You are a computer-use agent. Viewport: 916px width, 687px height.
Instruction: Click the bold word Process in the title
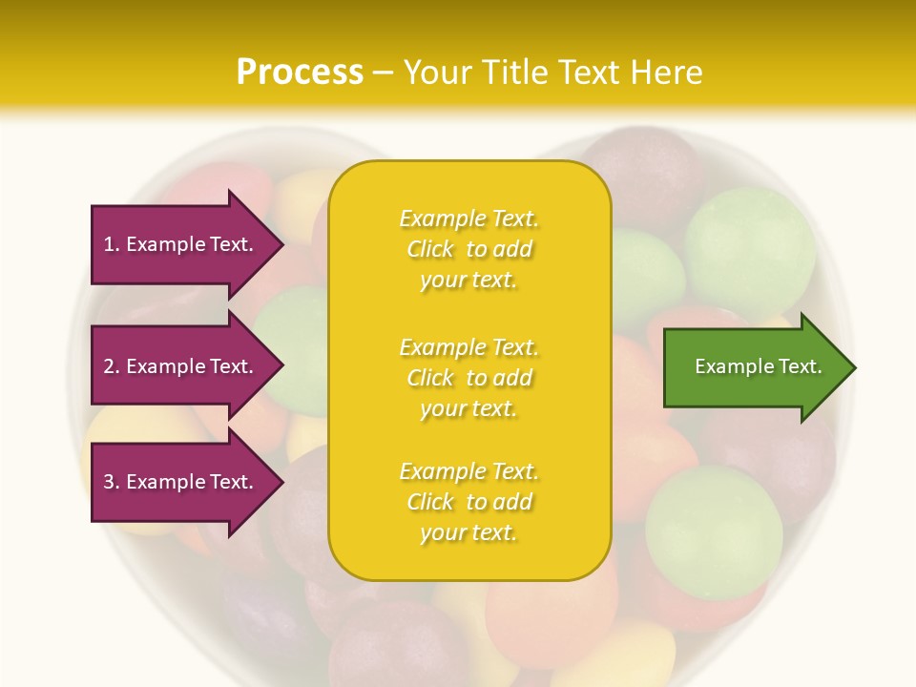(300, 73)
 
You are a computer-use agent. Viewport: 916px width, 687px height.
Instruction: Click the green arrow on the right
(744, 367)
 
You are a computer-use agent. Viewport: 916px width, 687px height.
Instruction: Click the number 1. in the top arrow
(112, 244)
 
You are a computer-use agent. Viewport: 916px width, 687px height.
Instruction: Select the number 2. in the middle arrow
(112, 366)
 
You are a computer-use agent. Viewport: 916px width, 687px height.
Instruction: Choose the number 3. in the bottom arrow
(112, 482)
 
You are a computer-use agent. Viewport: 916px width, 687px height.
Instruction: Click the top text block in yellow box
(468, 249)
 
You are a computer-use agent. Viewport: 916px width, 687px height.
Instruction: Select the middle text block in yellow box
(468, 378)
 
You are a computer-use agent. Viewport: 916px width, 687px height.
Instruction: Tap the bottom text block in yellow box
(468, 502)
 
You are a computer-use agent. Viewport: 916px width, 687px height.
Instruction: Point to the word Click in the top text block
(430, 250)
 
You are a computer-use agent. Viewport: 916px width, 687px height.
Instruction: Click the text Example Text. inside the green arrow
(758, 366)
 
